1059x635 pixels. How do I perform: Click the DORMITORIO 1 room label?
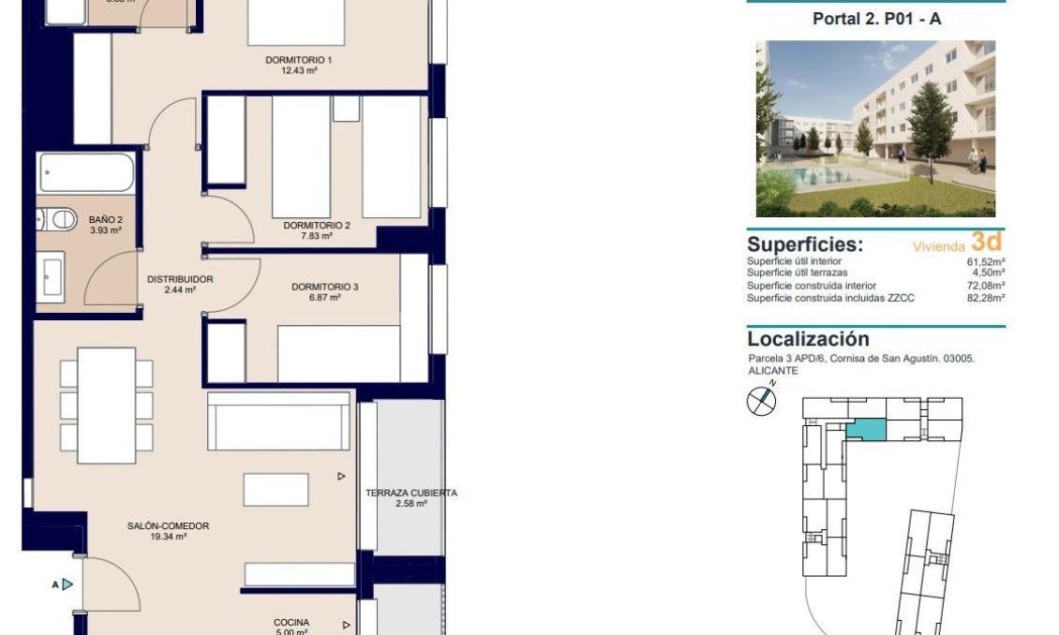point(299,59)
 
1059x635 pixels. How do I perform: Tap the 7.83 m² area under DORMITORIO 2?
point(317,236)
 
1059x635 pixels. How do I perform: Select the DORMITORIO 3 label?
point(324,287)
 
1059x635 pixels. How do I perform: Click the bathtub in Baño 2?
point(87,173)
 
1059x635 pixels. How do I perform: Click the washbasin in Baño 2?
point(52,277)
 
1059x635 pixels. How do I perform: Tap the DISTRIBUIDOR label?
point(180,279)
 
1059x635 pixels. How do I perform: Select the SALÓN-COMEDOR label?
point(168,526)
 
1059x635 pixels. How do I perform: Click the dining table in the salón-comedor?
point(106,405)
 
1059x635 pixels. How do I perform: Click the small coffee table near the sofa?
point(276,490)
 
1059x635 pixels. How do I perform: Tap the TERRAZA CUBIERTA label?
point(410,493)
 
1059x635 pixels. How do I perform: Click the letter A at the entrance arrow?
point(55,584)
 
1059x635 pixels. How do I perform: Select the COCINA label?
point(291,622)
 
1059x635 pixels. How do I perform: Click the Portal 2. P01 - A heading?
point(876,19)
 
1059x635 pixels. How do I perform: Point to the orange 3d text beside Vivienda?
point(987,242)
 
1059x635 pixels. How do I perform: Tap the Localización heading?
point(808,339)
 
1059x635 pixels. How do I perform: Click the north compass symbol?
point(761,401)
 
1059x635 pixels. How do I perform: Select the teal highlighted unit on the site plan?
point(867,430)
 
